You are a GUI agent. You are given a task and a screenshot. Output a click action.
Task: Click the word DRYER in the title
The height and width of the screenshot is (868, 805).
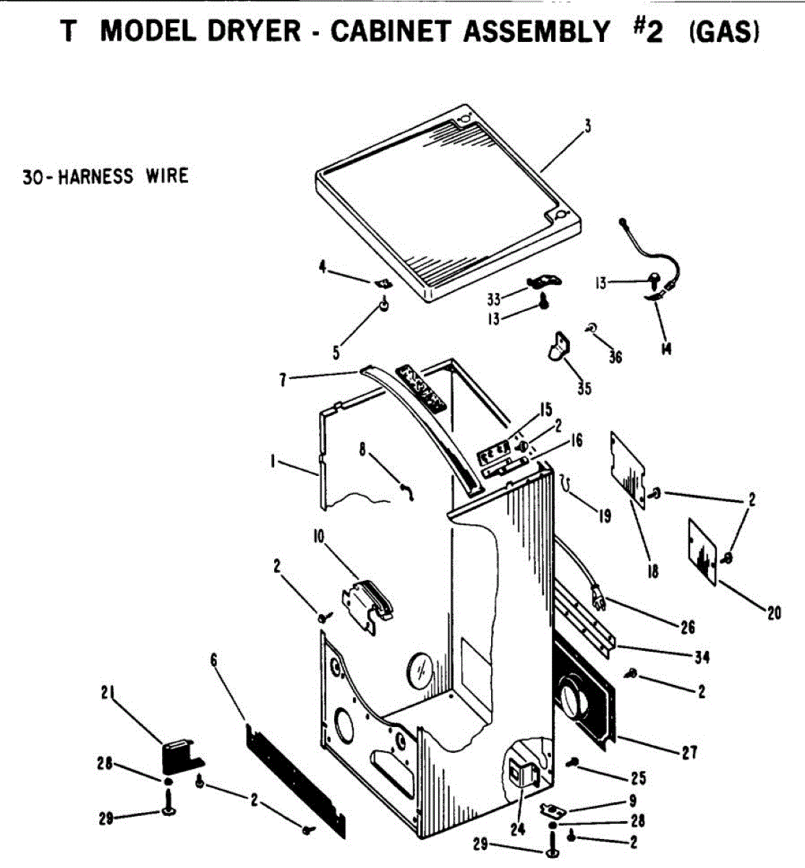pos(254,30)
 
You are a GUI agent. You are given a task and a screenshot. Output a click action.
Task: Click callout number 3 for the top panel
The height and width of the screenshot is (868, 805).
pos(587,126)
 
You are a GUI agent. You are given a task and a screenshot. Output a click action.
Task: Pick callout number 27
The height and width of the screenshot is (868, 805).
pos(689,752)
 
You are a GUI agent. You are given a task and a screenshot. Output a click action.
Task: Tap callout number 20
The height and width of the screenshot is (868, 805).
pos(774,613)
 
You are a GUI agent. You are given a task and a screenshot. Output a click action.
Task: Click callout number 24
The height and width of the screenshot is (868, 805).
pos(517,829)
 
